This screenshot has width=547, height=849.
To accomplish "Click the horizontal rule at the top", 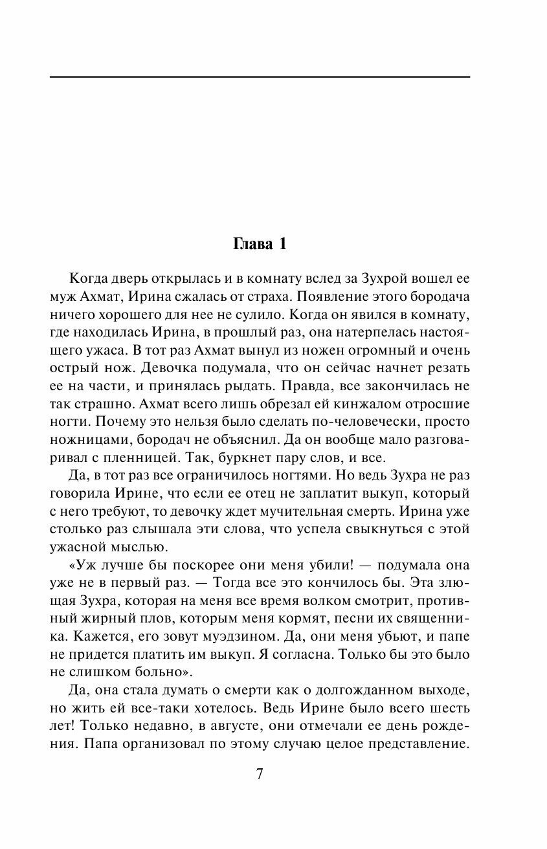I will point(260,77).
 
